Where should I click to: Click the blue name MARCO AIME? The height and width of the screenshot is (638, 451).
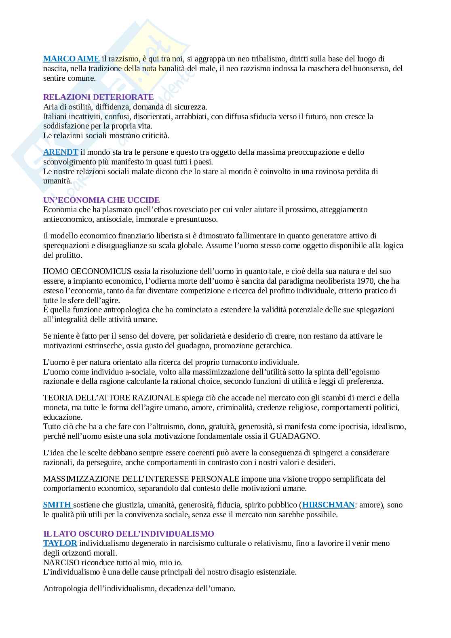tap(71, 59)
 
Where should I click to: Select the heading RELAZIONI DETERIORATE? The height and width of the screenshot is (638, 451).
tap(98, 97)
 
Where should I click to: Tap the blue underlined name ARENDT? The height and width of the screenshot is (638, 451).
tap(61, 152)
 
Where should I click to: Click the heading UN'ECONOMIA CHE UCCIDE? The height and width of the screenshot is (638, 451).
tap(101, 200)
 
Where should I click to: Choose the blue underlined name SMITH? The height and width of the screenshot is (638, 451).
tap(57, 505)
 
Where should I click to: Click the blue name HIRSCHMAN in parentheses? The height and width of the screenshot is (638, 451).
tap(328, 505)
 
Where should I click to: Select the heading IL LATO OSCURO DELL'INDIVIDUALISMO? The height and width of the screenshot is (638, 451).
tap(129, 534)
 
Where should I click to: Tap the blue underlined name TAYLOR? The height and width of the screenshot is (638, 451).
tap(60, 543)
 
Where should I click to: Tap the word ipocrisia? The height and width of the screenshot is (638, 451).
tap(359, 427)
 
